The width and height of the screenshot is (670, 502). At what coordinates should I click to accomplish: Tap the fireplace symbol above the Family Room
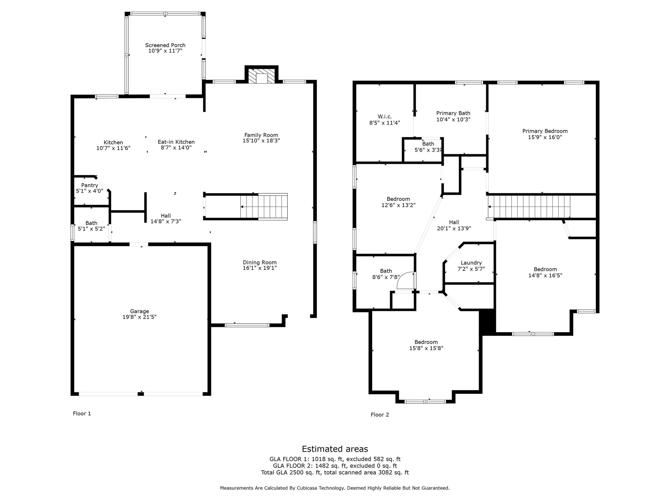[261, 76]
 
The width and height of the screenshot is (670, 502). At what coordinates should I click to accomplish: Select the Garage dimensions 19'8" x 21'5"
[139, 317]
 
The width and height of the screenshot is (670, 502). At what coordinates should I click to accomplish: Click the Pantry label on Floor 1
[90, 185]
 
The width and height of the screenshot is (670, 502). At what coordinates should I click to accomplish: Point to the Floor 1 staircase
[264, 207]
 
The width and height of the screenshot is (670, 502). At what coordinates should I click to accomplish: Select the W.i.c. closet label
[385, 116]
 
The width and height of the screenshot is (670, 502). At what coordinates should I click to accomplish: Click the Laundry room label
[471, 263]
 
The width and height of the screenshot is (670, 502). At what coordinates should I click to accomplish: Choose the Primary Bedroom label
[545, 131]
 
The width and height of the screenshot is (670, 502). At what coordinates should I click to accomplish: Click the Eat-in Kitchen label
[176, 142]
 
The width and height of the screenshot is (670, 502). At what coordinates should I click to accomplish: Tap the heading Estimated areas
[335, 449]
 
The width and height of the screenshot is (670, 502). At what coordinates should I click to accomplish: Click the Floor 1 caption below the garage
[82, 413]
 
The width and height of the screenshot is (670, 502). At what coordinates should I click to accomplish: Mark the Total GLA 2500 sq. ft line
[335, 472]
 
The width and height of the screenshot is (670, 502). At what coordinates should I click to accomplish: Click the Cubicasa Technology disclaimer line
[335, 488]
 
